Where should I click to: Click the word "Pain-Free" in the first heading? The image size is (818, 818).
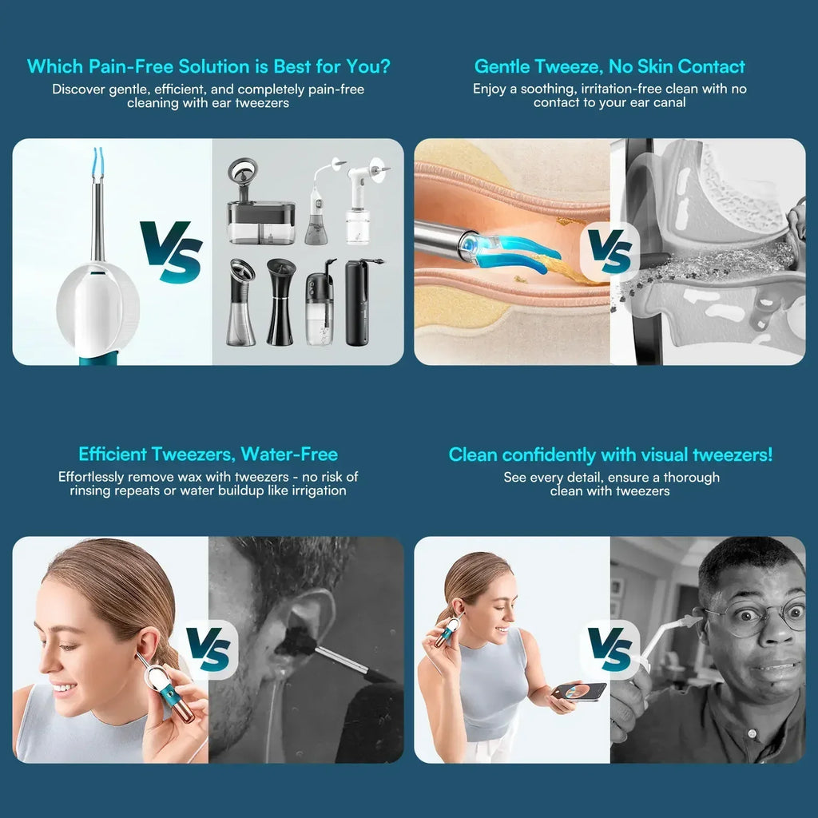pos(133,66)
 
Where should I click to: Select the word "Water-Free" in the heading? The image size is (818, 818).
pos(289,454)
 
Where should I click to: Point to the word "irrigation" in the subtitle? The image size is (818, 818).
pos(319,491)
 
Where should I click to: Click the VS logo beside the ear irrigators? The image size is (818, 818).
pos(171,252)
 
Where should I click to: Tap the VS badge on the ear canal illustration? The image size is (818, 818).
pos(610,252)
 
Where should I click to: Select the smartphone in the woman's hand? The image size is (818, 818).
pos(579,691)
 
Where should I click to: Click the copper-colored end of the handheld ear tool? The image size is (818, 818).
pos(183,712)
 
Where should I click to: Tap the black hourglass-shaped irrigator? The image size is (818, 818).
pos(280,301)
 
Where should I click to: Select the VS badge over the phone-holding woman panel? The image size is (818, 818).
pos(610,649)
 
